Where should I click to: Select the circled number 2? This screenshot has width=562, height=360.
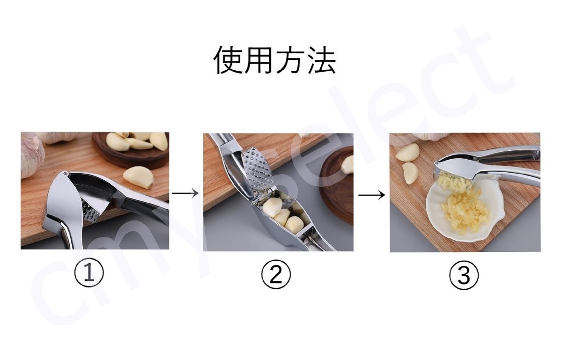pos(276,275)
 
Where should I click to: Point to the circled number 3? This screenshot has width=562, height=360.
pos(464,275)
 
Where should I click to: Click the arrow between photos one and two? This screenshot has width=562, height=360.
pos(185,193)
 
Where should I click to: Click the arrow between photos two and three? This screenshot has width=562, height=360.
pos(371,195)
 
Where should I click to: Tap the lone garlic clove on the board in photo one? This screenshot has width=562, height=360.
pos(139,177)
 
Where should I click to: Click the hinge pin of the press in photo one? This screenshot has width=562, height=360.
pos(66,173)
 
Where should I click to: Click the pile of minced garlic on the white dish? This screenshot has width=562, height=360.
pos(464,212)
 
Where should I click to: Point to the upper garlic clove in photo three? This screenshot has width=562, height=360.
pos(407,153)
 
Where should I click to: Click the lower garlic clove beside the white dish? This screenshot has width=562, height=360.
pos(410,173)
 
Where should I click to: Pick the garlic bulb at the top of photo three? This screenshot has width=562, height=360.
pos(432,136)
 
